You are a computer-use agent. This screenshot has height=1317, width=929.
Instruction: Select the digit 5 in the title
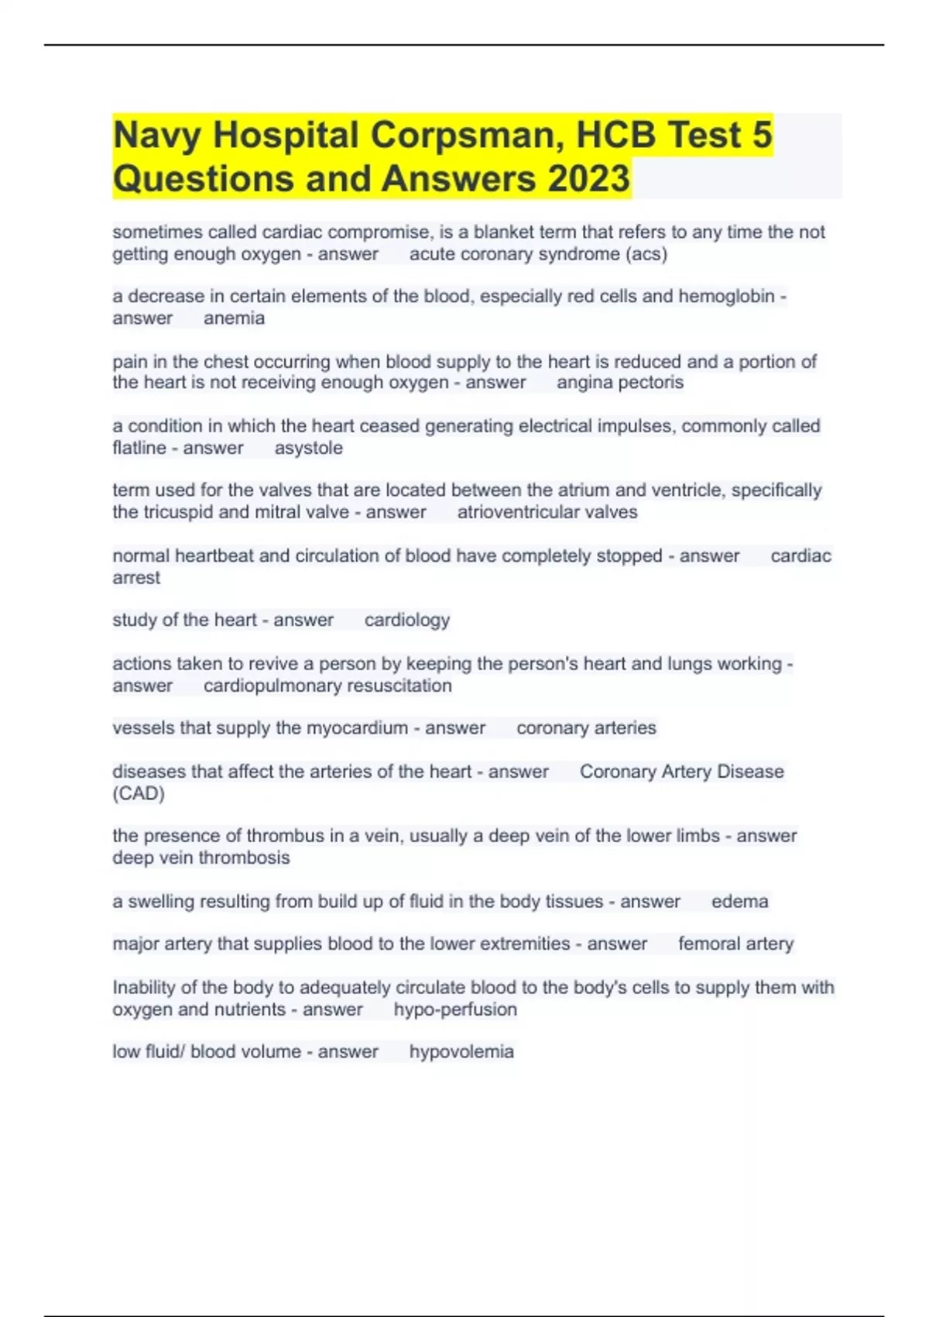point(762,135)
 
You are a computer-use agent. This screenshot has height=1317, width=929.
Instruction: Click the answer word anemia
point(234,318)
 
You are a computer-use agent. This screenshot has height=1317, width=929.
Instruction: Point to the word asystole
point(308,448)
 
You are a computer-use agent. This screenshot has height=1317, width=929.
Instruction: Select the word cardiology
point(407,620)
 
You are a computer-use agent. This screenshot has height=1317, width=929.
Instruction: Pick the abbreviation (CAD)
point(139,793)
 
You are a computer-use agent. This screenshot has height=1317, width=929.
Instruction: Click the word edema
point(739,902)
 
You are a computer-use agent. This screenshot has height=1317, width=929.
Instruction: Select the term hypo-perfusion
point(455,1009)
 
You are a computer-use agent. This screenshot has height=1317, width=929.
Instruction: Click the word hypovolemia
point(461,1052)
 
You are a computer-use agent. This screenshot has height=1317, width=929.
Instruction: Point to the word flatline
point(139,448)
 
